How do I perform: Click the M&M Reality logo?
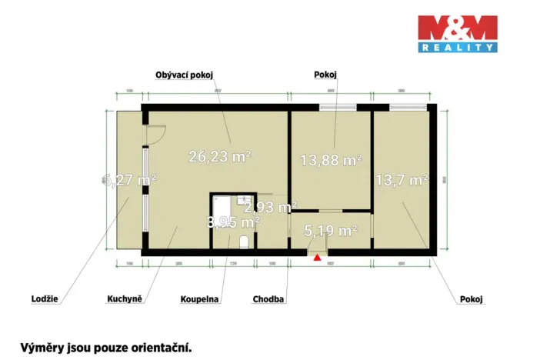[x=457, y=34]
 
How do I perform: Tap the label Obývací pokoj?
[x=184, y=74]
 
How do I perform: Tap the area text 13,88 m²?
[x=330, y=160]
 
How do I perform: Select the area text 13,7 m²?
[x=401, y=181]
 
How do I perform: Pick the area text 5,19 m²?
[x=331, y=230]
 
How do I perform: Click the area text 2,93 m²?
[x=270, y=207]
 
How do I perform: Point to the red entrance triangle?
[x=317, y=258]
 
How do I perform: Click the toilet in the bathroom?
[x=245, y=242]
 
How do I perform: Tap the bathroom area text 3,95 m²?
[x=233, y=222]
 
